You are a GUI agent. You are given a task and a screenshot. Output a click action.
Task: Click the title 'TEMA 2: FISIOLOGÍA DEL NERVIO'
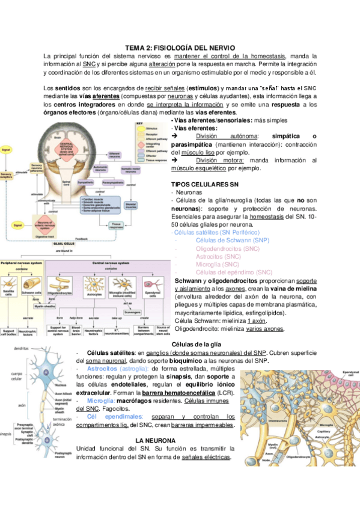point(180,46)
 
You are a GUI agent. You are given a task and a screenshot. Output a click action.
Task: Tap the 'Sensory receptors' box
point(7,175)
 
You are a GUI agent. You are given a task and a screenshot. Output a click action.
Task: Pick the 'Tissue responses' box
point(114,226)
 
